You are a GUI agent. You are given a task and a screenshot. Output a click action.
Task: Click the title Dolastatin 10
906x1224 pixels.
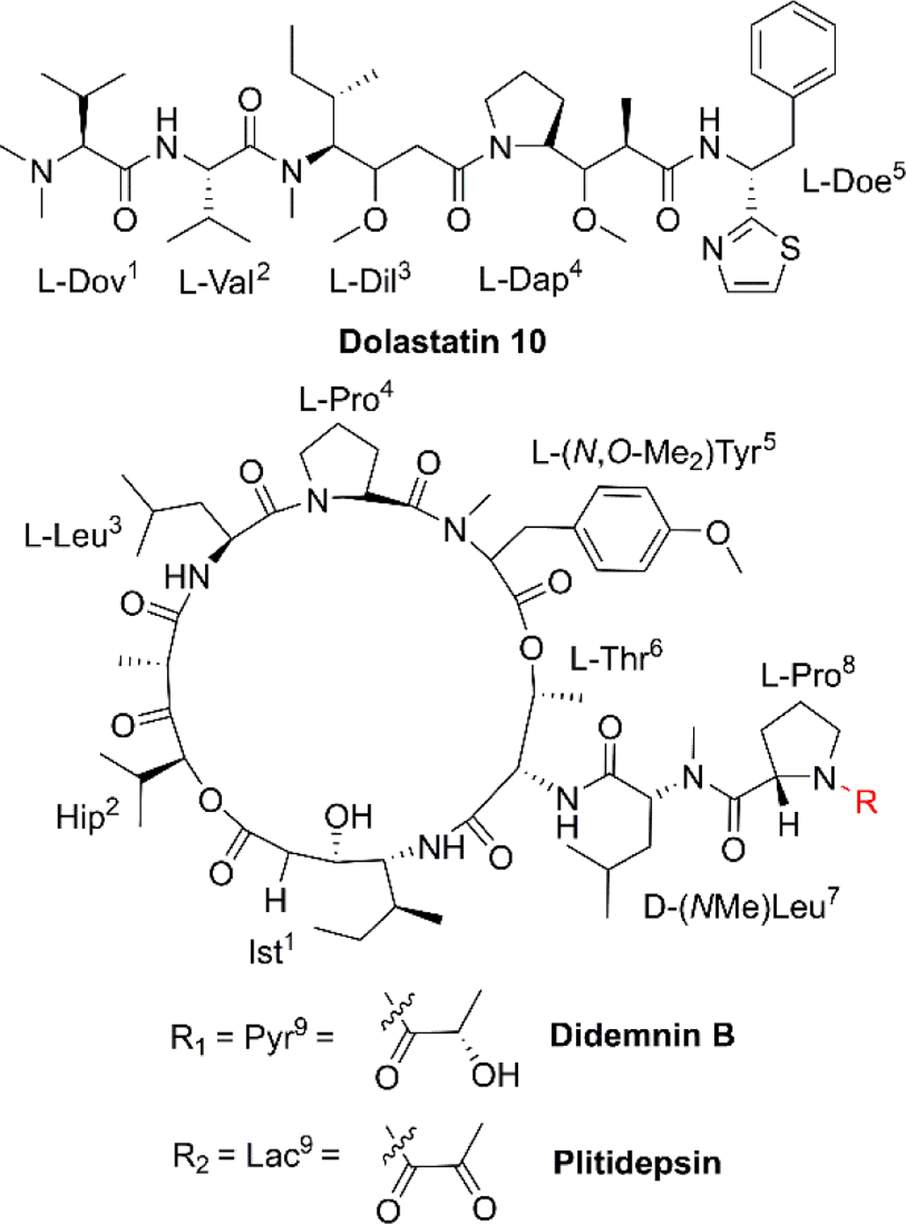pos(442,341)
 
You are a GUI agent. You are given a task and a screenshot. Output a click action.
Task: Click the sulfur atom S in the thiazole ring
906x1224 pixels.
pos(789,249)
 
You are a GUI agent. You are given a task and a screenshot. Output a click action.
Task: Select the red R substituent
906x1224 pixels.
pos(865,802)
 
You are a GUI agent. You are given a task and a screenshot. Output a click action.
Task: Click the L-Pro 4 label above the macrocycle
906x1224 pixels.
pos(345,399)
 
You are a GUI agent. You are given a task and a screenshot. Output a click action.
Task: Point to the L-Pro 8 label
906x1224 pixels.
pos(807,675)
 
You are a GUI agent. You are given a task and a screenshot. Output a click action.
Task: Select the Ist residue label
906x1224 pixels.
pos(270,951)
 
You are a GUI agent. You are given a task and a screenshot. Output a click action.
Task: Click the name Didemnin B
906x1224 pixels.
pos(642,1036)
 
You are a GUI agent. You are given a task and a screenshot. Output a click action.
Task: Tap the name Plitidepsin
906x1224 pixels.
pos(637,1162)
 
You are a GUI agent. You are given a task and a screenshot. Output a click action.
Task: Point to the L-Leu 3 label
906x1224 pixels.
pos(73,535)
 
